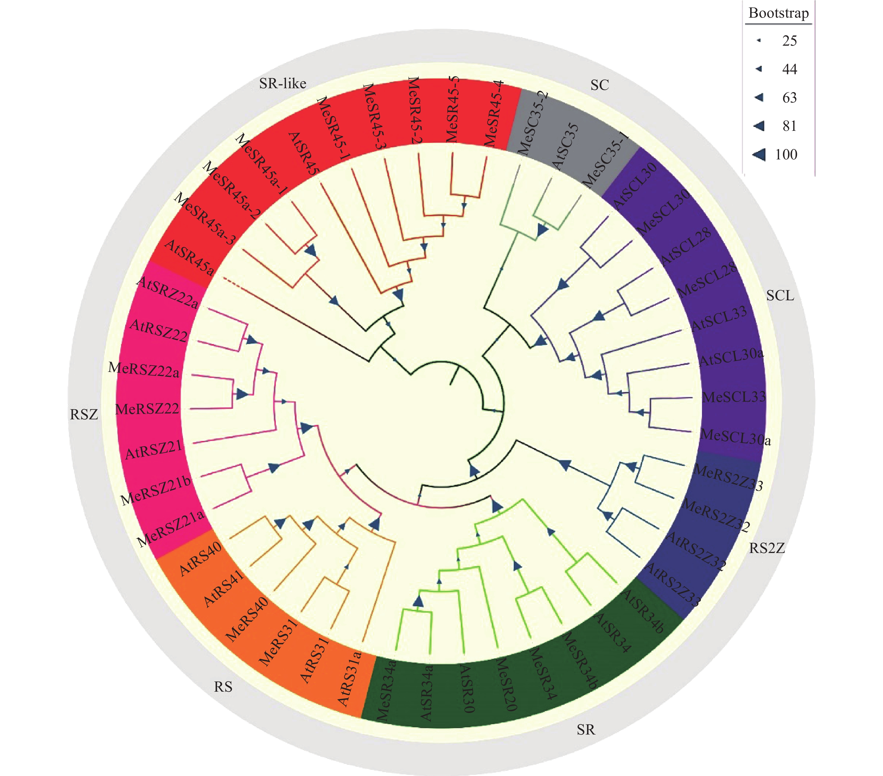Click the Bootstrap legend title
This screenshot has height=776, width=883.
(778, 13)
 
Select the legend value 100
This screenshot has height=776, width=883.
(786, 155)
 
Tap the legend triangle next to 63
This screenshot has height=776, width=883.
(759, 97)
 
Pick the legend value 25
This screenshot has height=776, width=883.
(789, 41)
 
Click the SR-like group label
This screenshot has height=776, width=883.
(283, 83)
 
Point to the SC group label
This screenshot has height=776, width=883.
(600, 85)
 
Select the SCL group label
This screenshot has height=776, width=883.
(780, 296)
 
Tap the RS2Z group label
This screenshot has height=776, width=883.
(767, 549)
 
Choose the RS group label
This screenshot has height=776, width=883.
(223, 687)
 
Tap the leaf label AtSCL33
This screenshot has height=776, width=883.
(719, 319)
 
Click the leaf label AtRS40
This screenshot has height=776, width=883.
(200, 559)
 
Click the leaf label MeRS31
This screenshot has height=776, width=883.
(278, 642)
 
